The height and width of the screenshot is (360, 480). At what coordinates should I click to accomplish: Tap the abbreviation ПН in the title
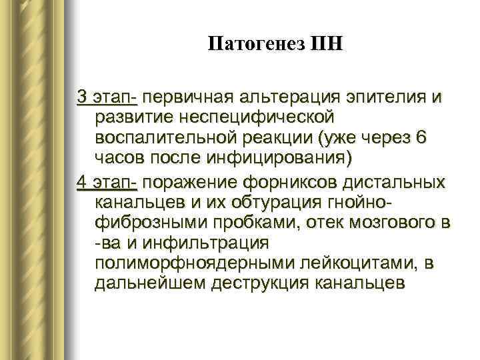pyautogui.click(x=325, y=45)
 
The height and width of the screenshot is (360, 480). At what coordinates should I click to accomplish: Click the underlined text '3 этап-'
pyautogui.click(x=107, y=97)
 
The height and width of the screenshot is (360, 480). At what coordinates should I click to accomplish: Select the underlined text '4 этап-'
pyautogui.click(x=107, y=181)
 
